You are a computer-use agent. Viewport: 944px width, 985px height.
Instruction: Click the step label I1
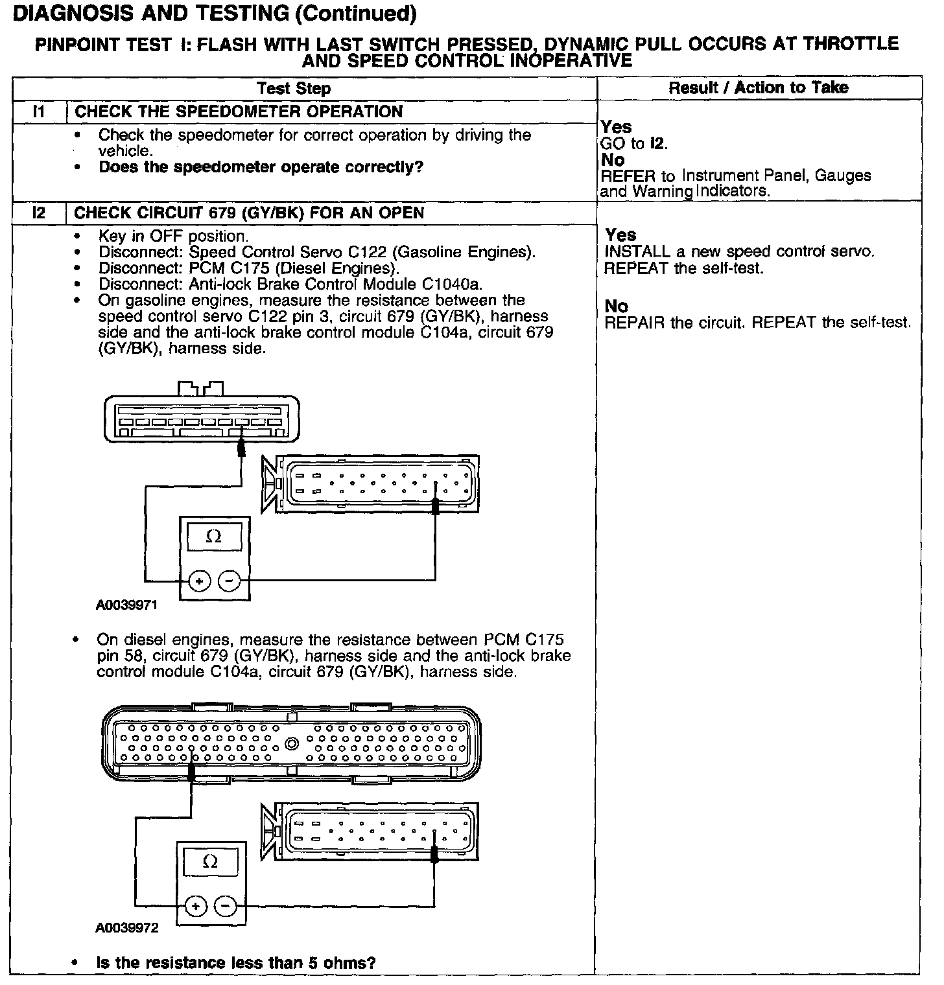[39, 111]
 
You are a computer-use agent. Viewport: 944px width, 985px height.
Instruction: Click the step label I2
[39, 213]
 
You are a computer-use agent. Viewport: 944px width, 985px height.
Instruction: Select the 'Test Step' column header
[293, 89]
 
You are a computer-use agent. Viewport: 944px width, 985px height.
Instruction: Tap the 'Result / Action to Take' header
[758, 87]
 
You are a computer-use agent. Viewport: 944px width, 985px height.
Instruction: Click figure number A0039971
[127, 605]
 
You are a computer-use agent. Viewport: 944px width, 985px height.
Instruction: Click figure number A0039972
[127, 928]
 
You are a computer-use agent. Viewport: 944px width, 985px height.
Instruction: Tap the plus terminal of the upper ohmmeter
[200, 581]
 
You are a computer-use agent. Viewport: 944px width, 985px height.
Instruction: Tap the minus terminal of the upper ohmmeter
[228, 581]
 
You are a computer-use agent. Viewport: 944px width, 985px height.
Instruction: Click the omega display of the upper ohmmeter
[213, 537]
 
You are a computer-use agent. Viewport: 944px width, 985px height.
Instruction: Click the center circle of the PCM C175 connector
[291, 743]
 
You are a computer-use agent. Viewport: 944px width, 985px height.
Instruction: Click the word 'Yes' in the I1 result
[617, 127]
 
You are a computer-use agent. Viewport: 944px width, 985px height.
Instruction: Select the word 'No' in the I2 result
[617, 306]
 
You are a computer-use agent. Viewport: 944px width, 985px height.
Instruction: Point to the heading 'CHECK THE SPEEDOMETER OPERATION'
[239, 111]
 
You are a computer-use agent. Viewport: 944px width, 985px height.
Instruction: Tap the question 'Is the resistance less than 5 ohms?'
[236, 963]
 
